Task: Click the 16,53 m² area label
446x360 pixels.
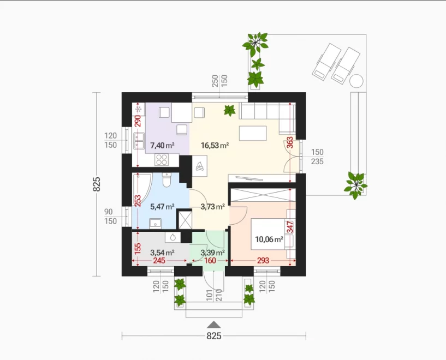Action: click(x=215, y=146)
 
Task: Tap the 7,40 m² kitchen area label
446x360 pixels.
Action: click(x=162, y=146)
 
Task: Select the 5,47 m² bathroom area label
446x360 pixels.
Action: click(x=162, y=207)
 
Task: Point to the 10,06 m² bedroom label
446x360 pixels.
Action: click(x=269, y=239)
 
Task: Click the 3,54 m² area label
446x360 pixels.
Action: click(x=162, y=253)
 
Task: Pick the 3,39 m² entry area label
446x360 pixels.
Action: click(x=213, y=253)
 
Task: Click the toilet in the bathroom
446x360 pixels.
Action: click(x=166, y=180)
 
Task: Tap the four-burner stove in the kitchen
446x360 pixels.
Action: click(x=162, y=159)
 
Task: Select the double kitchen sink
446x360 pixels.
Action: click(x=139, y=141)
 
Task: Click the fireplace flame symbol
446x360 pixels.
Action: click(x=200, y=166)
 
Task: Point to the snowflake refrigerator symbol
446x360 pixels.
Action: click(x=139, y=109)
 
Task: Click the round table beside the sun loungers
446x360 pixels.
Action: click(x=356, y=81)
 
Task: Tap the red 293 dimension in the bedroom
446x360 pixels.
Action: click(x=263, y=260)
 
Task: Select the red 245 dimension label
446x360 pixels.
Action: click(x=159, y=260)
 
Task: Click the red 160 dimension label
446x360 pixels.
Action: click(x=210, y=260)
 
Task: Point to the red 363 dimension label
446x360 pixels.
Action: click(x=290, y=143)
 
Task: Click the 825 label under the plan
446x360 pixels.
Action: click(x=214, y=336)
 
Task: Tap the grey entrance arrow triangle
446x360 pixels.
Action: click(x=214, y=325)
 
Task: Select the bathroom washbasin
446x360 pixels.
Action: click(x=155, y=223)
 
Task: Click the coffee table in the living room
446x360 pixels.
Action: click(x=253, y=133)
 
